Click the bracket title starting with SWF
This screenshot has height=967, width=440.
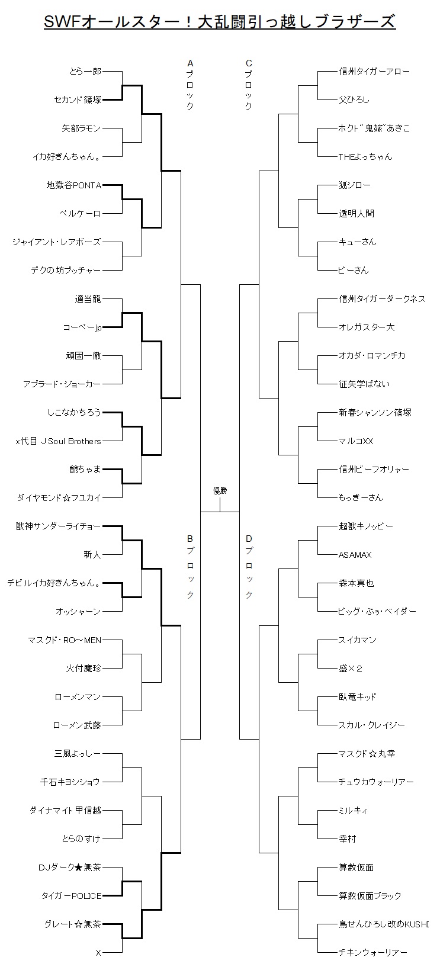pos(220,21)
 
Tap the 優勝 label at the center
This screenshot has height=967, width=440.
pos(220,491)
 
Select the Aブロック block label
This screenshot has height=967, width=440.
pos(190,85)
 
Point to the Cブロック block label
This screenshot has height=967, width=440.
pos(249,85)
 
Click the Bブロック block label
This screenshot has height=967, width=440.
pos(190,567)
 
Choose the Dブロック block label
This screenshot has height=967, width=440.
pos(249,567)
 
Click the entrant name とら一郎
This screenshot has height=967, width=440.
pos(85,71)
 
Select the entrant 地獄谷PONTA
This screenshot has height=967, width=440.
pos(74,185)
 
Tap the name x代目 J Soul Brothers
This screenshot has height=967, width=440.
pos(58,441)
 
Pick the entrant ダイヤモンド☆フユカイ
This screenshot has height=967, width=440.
pos(59,498)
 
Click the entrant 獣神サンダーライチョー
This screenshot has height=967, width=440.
pos(58,526)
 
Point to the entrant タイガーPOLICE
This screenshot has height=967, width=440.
pos(72,896)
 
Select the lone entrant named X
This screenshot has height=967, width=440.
pos(98,952)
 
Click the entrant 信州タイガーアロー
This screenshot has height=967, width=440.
pos(374,71)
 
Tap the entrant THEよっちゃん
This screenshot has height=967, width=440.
pos(365,156)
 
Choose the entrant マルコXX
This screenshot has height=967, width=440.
pos(356,441)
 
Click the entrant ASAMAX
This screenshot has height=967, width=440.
pos(355,555)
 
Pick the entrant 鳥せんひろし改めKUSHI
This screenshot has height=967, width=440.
pos(384,924)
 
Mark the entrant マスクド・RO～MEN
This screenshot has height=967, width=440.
pos(65,640)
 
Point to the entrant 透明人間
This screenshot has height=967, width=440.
pos(357,213)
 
